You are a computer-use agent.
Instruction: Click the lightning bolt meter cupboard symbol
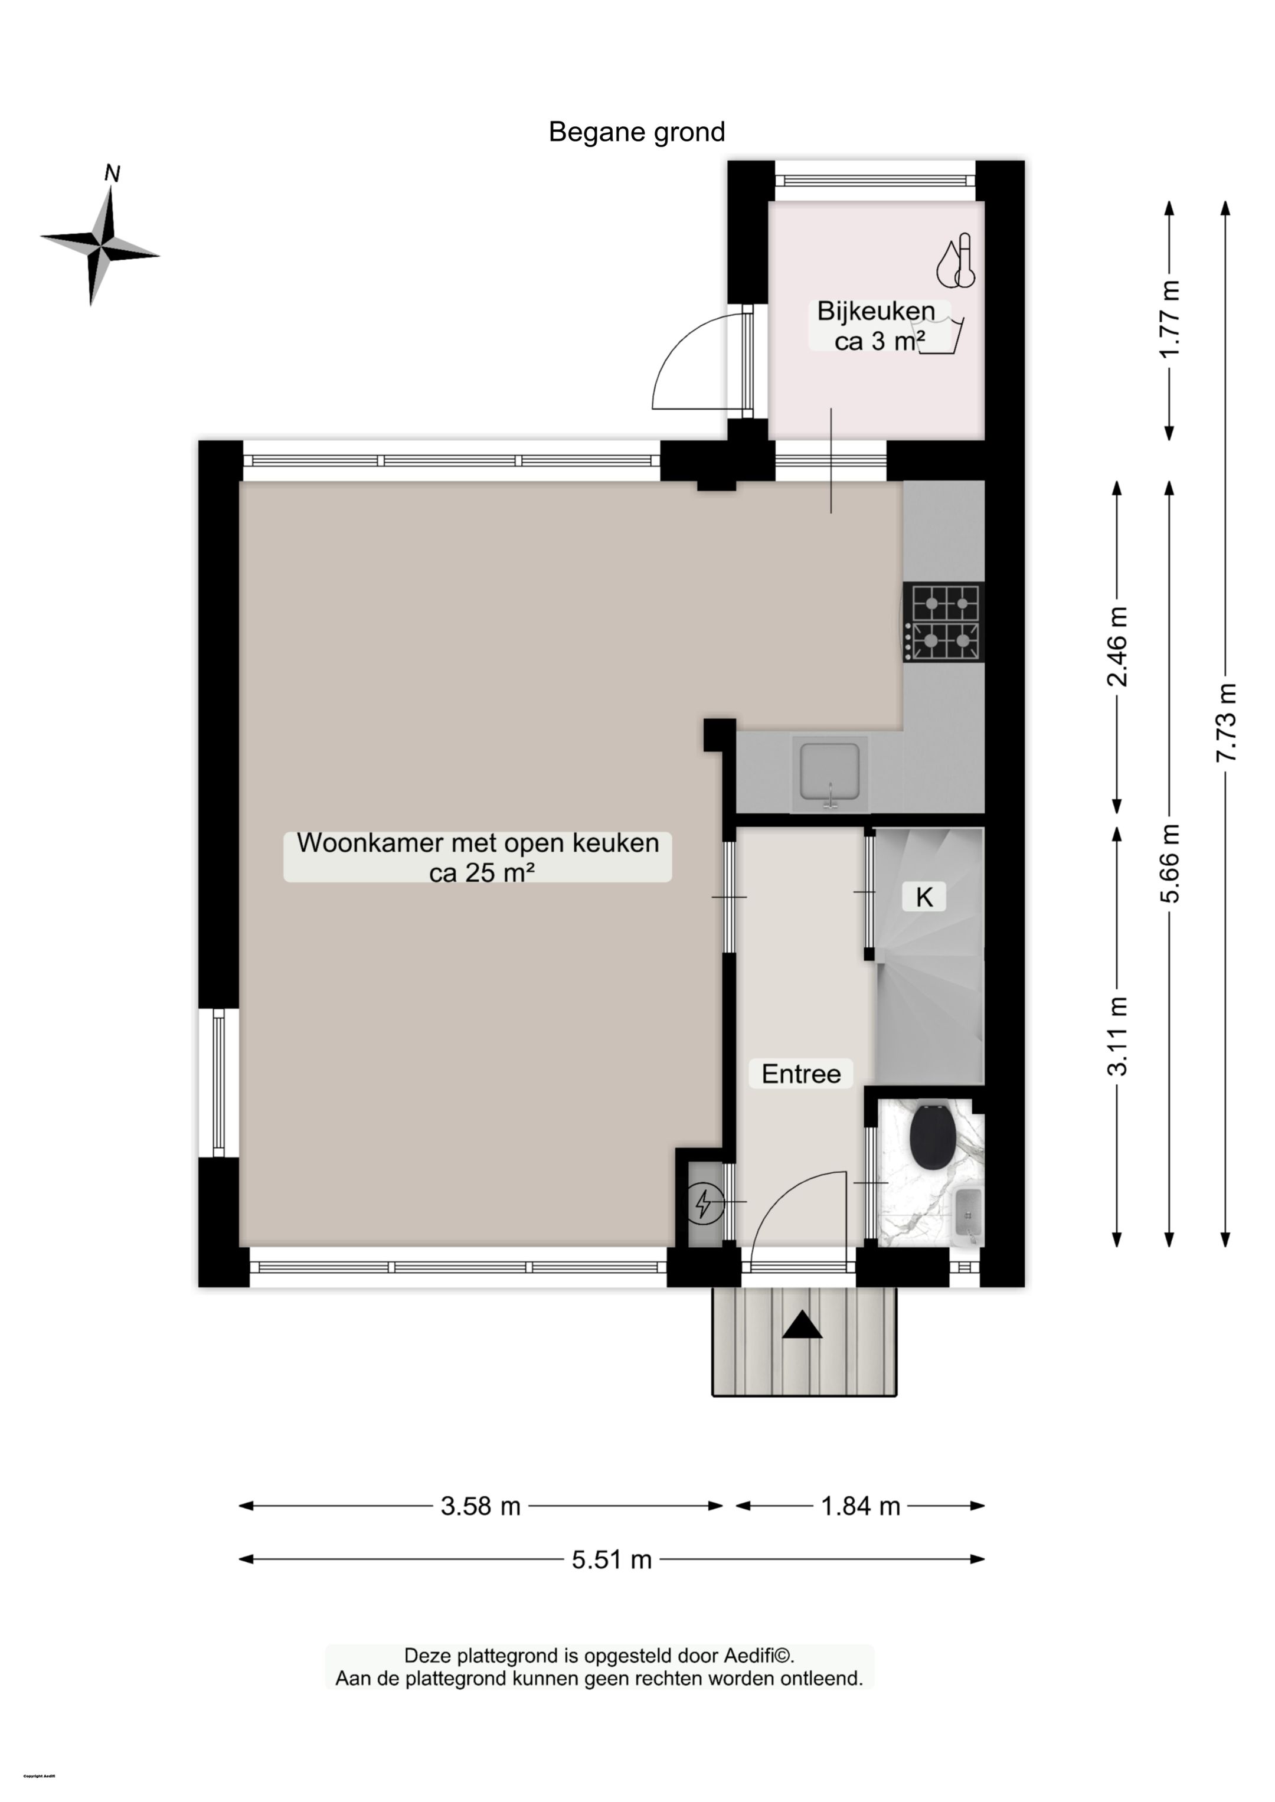coord(704,1202)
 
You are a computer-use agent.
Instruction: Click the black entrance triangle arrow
coord(802,1326)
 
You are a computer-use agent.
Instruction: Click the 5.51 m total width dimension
coord(612,1559)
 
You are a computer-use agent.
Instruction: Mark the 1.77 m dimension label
coord(1170,319)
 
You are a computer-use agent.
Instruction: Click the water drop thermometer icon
coord(956,261)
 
